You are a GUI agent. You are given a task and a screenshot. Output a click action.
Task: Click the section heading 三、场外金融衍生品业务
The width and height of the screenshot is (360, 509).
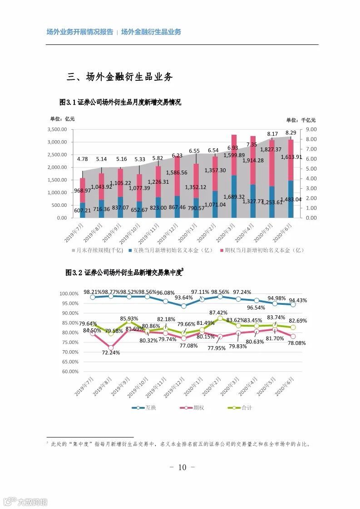(x=120, y=77)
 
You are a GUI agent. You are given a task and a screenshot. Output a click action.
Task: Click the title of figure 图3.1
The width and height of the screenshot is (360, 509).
(x=120, y=103)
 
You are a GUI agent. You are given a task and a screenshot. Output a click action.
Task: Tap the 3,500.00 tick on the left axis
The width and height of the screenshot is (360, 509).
(x=57, y=129)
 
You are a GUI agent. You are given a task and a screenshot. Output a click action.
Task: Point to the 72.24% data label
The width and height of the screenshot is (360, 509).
(x=111, y=352)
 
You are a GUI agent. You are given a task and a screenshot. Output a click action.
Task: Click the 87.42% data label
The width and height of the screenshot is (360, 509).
(x=218, y=313)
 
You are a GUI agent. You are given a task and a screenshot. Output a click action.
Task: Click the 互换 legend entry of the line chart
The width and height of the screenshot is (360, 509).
(x=150, y=408)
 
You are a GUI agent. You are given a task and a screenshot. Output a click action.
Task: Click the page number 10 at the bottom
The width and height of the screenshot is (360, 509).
(x=182, y=467)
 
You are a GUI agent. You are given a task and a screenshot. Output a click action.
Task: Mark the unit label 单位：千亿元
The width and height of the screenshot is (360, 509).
(x=301, y=120)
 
